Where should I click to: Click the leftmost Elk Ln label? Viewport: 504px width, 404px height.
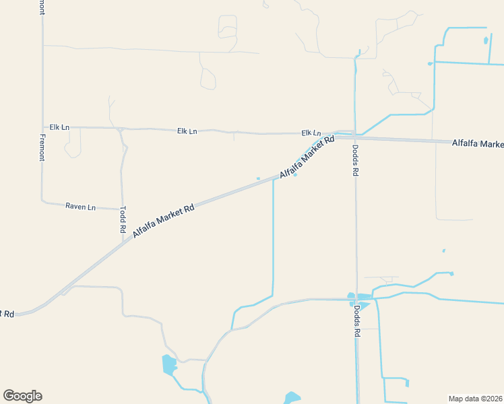59,127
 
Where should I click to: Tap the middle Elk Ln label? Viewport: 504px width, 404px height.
187,131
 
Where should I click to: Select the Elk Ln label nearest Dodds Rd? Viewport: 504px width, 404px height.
311,133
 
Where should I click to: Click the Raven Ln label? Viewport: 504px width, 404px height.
80,207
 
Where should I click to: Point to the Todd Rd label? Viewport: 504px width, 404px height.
123,220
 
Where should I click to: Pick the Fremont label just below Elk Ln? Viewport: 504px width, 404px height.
42,147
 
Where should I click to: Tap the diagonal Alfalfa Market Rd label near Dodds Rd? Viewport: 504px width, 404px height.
307,157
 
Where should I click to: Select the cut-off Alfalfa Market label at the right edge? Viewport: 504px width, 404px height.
478,143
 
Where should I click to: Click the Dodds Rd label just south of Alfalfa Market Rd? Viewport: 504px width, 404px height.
355,161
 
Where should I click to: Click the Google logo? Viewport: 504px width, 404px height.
23,396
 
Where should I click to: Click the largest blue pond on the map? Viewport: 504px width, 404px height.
168,365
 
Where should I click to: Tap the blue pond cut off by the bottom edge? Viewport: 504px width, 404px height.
292,398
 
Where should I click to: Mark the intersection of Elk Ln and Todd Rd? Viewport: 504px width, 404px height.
119,128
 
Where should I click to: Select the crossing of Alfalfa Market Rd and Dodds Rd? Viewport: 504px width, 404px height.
355,137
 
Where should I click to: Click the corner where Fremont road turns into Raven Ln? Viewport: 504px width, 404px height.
43,201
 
